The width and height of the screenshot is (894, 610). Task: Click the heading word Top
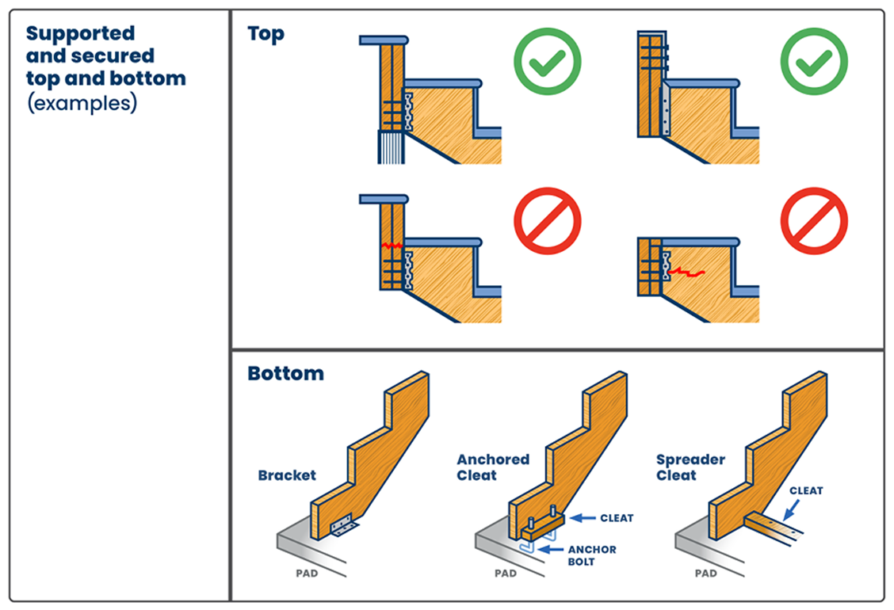266,35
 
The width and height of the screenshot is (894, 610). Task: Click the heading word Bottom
285,373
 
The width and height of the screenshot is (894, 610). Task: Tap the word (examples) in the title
82,104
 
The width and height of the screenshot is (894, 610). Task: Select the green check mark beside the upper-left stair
547,61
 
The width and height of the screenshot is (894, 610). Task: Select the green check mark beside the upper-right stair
814,61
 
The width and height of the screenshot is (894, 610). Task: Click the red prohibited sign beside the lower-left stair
547,221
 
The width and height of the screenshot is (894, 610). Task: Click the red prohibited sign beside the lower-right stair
814,221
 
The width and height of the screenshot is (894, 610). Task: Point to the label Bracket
287,475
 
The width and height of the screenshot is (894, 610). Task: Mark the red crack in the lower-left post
392,246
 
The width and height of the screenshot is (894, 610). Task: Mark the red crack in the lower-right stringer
686,273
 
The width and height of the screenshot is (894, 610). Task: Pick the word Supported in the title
80,34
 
